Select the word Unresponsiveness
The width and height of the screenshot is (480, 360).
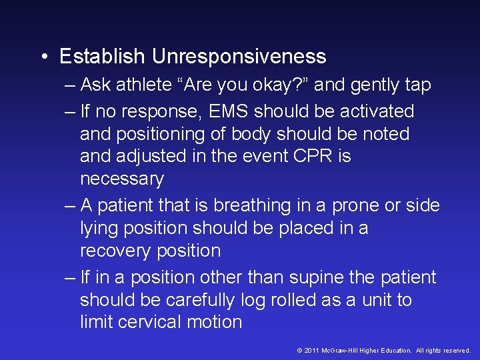239,57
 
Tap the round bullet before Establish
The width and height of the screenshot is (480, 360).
43,57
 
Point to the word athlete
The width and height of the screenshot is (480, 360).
148,85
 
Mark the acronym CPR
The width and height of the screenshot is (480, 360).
314,156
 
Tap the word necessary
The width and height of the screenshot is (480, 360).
121,179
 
